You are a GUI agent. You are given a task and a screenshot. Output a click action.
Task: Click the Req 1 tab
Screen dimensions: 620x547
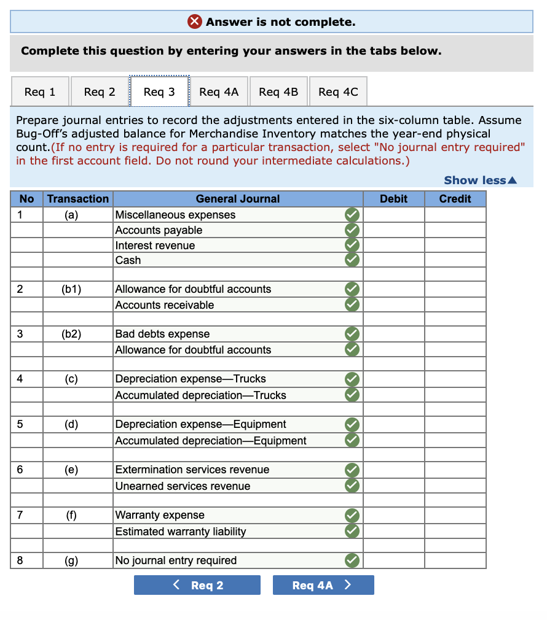click(40, 92)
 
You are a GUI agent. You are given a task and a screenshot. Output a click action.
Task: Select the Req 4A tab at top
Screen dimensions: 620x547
click(218, 92)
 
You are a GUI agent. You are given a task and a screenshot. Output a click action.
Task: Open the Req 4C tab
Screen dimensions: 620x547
click(338, 92)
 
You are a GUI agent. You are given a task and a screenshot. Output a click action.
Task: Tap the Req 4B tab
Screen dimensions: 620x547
click(278, 92)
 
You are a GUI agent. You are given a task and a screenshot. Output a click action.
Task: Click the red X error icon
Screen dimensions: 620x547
click(195, 22)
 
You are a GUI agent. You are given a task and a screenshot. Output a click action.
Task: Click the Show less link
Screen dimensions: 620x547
click(480, 180)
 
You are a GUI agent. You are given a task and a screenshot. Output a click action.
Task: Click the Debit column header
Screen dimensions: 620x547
click(393, 199)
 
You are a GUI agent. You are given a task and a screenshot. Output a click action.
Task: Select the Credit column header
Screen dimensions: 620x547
click(455, 199)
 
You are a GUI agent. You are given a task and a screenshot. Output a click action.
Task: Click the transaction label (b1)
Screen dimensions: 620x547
click(71, 289)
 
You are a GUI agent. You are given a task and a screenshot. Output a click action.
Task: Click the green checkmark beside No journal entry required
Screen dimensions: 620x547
click(352, 560)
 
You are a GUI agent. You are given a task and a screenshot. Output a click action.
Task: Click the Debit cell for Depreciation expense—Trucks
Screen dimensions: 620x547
click(393, 379)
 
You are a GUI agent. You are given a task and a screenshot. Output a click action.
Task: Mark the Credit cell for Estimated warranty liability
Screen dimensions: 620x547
click(455, 532)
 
